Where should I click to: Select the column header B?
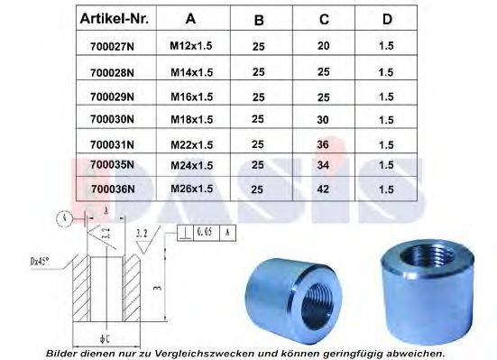point(259,19)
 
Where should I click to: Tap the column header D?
point(386,19)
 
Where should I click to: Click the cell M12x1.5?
point(191,48)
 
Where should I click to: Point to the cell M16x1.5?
point(191,95)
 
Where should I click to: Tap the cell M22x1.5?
point(191,142)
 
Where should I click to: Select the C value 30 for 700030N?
point(323,118)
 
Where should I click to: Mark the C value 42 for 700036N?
point(323,189)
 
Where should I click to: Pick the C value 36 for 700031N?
point(323,142)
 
